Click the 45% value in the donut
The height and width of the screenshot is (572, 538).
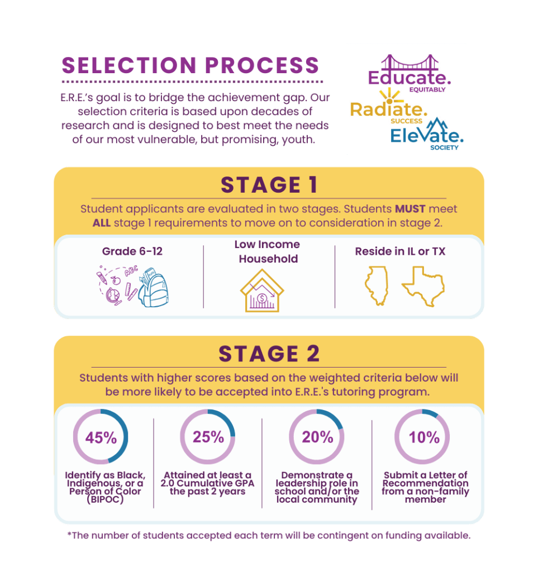point(101,437)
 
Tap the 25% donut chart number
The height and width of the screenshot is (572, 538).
point(208,437)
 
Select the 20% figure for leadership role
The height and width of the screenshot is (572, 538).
point(317,437)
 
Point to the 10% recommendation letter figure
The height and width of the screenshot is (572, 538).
point(424,437)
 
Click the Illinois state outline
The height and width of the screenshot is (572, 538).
point(377,285)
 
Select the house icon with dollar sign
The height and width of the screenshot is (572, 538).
point(262,290)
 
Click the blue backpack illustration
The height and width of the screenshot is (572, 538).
point(154,288)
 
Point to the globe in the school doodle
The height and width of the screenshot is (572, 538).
point(113,295)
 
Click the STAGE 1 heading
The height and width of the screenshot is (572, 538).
point(269,185)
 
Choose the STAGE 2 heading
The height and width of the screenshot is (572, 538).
point(269,354)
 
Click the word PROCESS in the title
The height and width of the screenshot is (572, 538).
point(262,66)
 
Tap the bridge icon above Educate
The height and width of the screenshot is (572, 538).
point(410,63)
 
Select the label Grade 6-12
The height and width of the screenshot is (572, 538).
point(132,251)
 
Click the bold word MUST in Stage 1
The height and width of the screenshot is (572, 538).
point(410,209)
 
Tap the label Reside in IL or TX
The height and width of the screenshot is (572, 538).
point(400,251)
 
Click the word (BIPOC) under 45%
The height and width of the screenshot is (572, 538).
point(105,499)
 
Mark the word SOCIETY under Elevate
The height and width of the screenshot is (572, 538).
point(444,147)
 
